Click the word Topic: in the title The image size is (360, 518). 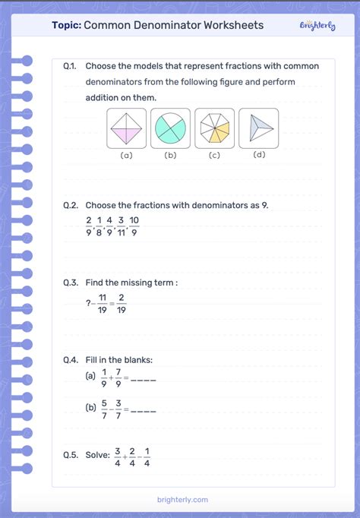(66, 25)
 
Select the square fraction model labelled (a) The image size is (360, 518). (126, 128)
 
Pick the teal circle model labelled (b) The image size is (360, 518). (170, 128)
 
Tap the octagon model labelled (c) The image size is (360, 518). (214, 128)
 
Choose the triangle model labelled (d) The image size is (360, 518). (258, 128)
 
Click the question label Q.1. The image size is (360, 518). (71, 66)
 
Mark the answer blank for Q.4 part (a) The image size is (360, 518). (144, 378)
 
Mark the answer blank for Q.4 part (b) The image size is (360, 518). (144, 411)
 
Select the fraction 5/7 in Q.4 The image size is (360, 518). (105, 411)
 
